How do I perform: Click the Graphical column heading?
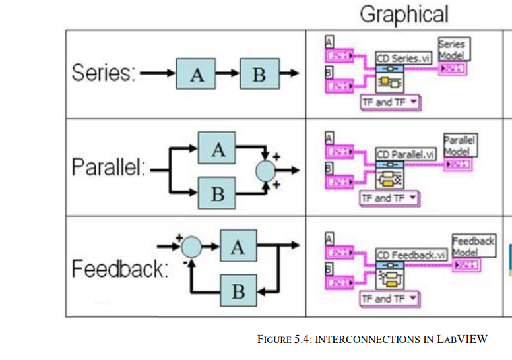(403, 14)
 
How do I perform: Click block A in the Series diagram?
(197, 75)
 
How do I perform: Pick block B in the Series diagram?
(259, 75)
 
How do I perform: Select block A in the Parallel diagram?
(218, 150)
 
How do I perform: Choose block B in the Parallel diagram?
(218, 194)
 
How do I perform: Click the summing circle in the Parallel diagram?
(267, 171)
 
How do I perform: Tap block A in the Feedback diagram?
(238, 247)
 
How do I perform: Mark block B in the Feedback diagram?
(238, 291)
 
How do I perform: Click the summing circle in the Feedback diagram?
(191, 247)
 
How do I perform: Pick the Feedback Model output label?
(473, 246)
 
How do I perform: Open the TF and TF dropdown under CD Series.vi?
(391, 103)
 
